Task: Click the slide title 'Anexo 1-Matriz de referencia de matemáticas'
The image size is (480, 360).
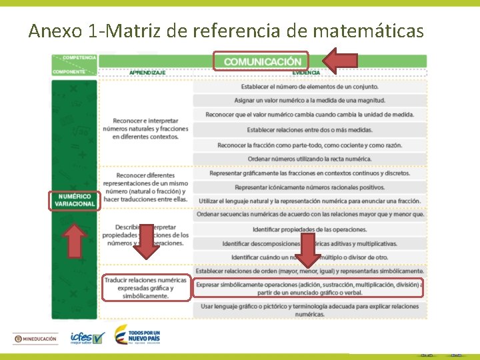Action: [x=226, y=30]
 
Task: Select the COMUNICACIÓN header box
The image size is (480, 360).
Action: [x=261, y=61]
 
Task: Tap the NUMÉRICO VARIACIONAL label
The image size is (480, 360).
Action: [x=75, y=200]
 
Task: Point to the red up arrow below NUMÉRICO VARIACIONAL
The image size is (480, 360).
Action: [x=75, y=240]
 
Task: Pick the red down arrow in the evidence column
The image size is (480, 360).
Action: [x=309, y=249]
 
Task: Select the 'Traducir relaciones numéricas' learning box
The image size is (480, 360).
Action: [x=146, y=288]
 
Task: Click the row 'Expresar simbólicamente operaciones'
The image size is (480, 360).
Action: [x=308, y=288]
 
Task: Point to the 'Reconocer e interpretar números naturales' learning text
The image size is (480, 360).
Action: [x=146, y=129]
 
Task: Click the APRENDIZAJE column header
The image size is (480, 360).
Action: [x=147, y=72]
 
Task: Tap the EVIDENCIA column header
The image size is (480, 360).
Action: [x=306, y=72]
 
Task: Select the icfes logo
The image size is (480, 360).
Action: [x=87, y=339]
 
